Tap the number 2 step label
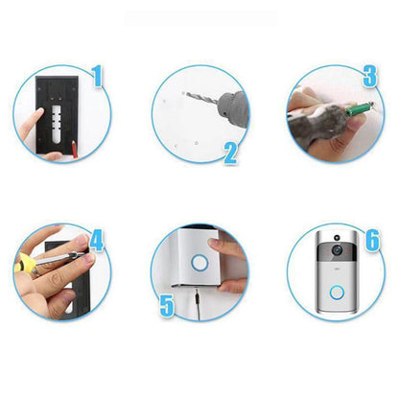pos(229,153)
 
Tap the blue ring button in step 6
pos(336,291)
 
